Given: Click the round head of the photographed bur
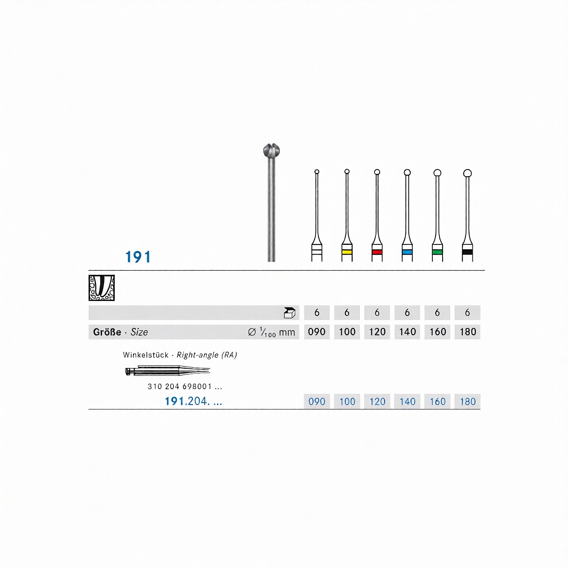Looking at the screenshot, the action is point(271,150).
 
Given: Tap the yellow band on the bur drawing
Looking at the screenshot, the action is point(347,252).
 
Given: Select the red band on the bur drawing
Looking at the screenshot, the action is point(377,252).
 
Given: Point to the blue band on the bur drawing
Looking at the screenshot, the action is point(407,252).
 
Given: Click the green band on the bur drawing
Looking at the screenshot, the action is point(437,252).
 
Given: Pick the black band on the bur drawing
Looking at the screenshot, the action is point(468,252).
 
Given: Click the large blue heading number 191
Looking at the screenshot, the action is point(138,257).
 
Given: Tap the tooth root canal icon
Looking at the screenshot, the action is point(102,288).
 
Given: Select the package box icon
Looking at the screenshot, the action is point(290,313).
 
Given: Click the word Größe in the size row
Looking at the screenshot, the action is point(107,332).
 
